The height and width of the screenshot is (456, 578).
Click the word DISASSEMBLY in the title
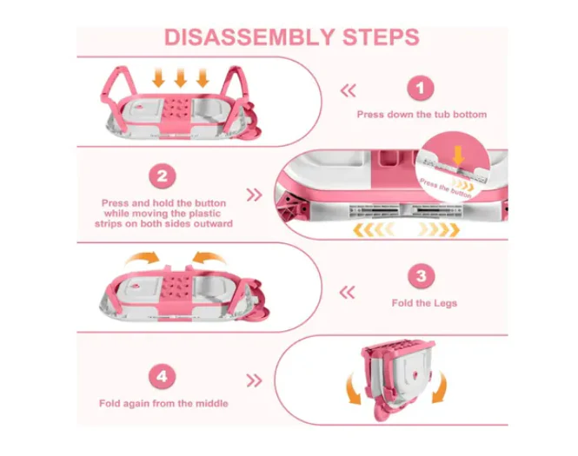coord(249,37)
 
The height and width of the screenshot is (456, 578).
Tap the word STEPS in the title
coord(382,37)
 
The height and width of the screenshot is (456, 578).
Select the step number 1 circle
coord(420,89)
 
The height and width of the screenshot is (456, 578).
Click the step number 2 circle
coord(163,176)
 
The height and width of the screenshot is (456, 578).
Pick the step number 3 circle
coord(422,276)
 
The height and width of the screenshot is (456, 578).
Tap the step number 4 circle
coord(163,376)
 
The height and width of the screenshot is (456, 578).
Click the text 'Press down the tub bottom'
coord(422,115)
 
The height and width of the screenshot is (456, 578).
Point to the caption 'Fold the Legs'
coord(424,303)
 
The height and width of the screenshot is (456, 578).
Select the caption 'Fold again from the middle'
coord(163,403)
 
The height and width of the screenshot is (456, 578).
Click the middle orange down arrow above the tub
coord(180,77)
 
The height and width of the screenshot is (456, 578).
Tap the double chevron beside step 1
coord(349,90)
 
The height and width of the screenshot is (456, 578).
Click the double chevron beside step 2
coord(254,195)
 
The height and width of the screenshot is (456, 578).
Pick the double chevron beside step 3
coord(348,293)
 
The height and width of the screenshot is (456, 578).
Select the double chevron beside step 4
coord(254,380)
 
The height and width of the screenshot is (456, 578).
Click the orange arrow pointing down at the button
coord(458,155)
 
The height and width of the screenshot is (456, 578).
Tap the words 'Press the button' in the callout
coord(446,188)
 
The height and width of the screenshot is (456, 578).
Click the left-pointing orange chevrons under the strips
coord(373,230)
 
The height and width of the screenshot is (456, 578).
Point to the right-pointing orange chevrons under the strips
coord(440,230)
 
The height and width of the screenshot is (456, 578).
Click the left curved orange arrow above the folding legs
coord(143,257)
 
